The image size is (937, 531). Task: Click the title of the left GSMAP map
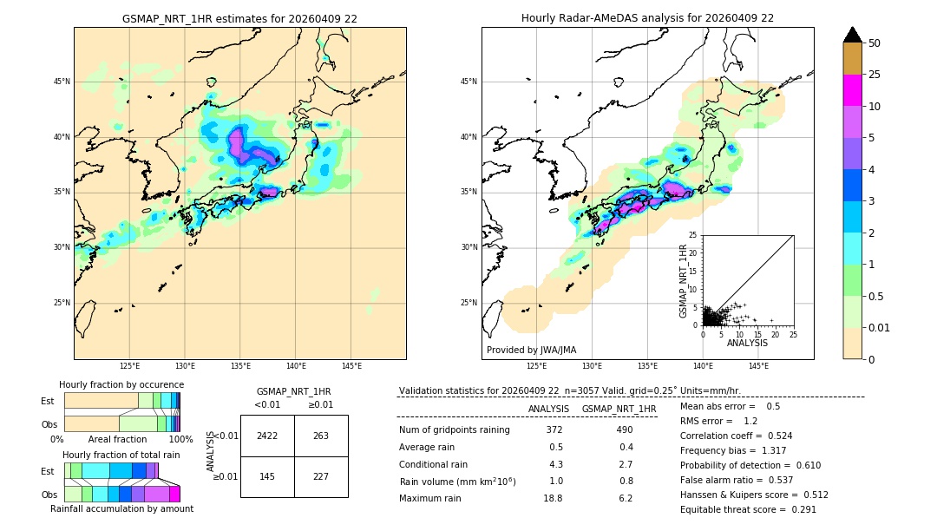pyautogui.click(x=239, y=18)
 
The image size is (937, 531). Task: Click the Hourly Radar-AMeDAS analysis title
pyautogui.click(x=647, y=18)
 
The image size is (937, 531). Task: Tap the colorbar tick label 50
pyautogui.click(x=875, y=43)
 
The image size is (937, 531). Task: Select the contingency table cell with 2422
pyautogui.click(x=267, y=436)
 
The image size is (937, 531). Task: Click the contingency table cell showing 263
pyautogui.click(x=321, y=436)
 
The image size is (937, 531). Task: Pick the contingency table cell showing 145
pyautogui.click(x=267, y=476)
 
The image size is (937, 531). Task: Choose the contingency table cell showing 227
pyautogui.click(x=321, y=476)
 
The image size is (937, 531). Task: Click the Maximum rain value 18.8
pyautogui.click(x=553, y=498)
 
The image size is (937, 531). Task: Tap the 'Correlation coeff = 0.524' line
pyautogui.click(x=736, y=436)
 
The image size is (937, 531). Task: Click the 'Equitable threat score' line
pyautogui.click(x=748, y=509)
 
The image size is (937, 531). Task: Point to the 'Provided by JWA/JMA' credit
pyautogui.click(x=531, y=350)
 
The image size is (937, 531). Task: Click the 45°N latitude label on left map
pyautogui.click(x=62, y=82)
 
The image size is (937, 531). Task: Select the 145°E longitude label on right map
pyautogui.click(x=758, y=367)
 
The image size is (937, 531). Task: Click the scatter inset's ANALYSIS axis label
pyautogui.click(x=747, y=343)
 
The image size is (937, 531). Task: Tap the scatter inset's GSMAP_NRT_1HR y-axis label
pyautogui.click(x=683, y=280)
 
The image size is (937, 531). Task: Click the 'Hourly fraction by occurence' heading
pyautogui.click(x=121, y=384)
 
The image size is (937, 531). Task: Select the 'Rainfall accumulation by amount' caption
pyautogui.click(x=121, y=509)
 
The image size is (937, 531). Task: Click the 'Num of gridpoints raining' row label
pyautogui.click(x=454, y=429)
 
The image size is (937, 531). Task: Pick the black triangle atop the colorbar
pyautogui.click(x=853, y=35)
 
